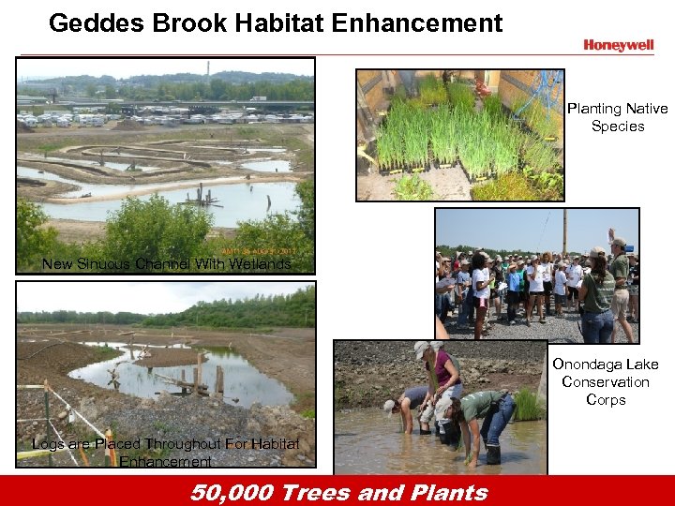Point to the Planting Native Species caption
617,117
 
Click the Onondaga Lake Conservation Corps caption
605,381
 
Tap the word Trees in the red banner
320,492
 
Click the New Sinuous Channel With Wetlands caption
167,264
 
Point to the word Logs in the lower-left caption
49,444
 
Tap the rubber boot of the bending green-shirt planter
491,454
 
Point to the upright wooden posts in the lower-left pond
200,375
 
